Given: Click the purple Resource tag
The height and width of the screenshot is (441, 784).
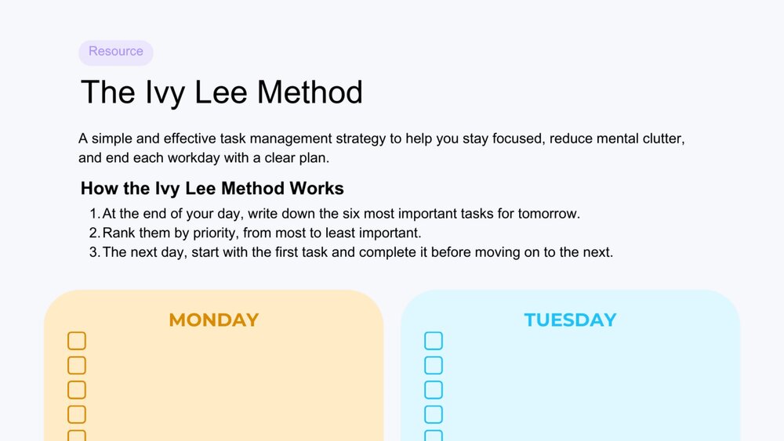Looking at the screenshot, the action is pos(115,52).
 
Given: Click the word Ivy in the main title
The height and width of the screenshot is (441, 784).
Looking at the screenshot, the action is pos(165,93).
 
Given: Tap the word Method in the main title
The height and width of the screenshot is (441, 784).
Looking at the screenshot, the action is pos(310,92).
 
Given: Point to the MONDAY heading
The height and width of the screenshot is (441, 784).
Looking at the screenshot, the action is pos(214,320).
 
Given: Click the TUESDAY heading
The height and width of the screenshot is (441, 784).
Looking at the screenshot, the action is pos(571,320).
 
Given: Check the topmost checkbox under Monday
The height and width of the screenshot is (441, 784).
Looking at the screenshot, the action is pos(77,341).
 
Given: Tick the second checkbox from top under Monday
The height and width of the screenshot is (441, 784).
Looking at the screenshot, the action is pos(77,365).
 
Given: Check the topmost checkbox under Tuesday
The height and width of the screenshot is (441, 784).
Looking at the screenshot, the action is pos(434,341).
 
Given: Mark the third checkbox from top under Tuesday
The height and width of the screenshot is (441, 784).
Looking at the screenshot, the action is pos(434,389).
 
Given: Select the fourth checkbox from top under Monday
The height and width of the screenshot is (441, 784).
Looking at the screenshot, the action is pos(77,414).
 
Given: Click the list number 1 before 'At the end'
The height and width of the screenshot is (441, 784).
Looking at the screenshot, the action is pos(95,214).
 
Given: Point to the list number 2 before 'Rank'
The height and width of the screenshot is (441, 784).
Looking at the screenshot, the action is pos(95,233).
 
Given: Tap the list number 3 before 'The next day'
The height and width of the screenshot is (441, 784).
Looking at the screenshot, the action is pos(95,252).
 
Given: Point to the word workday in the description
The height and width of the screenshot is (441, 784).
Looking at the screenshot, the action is pos(194,157).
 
